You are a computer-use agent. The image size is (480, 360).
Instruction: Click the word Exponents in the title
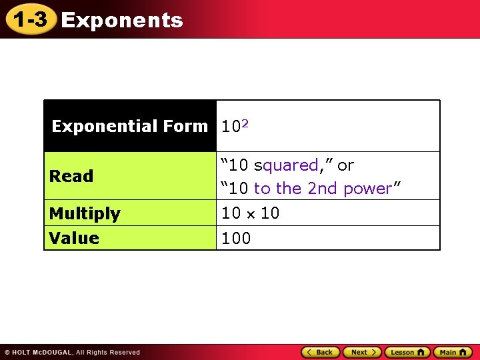122,21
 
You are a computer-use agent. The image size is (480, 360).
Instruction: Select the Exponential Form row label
130,126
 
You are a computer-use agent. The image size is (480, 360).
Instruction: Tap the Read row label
71,177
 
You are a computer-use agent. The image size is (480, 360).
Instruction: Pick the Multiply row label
85,214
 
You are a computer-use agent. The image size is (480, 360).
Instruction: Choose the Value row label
74,238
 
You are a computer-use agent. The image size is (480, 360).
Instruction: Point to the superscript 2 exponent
245,123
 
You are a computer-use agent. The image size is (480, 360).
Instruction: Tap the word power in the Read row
367,189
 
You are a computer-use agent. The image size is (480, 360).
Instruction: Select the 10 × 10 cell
250,213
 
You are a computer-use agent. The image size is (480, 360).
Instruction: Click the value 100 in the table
236,238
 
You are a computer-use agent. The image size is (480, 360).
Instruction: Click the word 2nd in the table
323,189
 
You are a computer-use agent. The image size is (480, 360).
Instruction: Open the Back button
320,352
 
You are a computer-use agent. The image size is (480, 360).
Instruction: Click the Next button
362,352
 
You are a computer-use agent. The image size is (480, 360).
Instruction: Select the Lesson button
407,352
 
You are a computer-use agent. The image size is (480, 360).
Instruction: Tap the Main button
453,352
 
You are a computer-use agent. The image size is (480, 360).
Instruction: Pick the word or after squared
345,165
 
